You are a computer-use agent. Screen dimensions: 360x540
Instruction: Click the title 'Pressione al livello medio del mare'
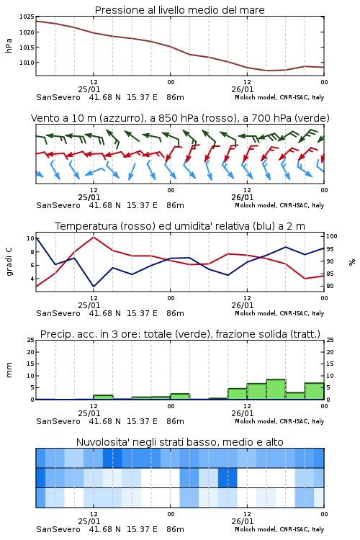click(179, 10)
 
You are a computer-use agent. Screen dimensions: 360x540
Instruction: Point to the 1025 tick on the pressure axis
click(27, 17)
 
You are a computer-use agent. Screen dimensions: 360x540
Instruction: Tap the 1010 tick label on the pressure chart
click(27, 63)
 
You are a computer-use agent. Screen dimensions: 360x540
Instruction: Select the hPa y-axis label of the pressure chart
click(9, 45)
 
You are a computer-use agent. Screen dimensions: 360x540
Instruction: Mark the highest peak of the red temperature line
click(94, 237)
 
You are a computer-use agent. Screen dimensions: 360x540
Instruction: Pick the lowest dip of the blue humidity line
click(94, 287)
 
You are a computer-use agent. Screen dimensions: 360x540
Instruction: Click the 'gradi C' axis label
click(9, 262)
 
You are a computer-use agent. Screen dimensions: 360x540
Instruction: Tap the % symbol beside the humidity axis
click(352, 262)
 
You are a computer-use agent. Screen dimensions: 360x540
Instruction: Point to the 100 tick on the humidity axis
click(332, 236)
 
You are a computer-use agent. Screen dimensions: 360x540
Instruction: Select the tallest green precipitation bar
click(276, 389)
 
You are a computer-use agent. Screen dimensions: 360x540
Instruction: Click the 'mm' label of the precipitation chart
click(9, 370)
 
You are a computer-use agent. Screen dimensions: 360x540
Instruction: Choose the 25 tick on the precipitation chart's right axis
click(330, 340)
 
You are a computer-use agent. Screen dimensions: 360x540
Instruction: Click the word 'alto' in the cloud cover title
click(274, 442)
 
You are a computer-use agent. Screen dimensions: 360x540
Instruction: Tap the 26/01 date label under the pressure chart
click(243, 89)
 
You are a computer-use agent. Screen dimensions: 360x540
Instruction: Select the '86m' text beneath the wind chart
click(176, 205)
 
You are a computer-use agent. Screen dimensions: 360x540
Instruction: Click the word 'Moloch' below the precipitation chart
click(246, 421)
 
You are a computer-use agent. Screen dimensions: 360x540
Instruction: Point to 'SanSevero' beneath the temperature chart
click(58, 313)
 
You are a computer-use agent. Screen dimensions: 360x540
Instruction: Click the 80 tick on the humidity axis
click(330, 286)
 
